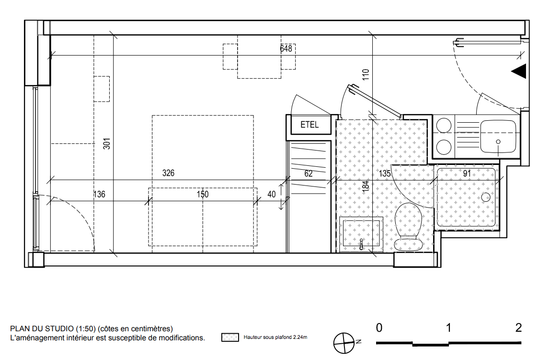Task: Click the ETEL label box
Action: (x=309, y=125)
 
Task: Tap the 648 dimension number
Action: (x=286, y=48)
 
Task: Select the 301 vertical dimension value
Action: (x=107, y=143)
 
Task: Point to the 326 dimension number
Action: (x=168, y=173)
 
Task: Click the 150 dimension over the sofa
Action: (x=202, y=194)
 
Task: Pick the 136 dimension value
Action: (x=99, y=194)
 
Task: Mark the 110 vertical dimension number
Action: (x=366, y=74)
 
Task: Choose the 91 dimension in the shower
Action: (x=467, y=174)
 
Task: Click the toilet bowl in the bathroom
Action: (x=408, y=227)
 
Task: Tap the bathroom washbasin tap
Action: (x=361, y=244)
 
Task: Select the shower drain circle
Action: (x=486, y=197)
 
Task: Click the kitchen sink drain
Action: (x=498, y=142)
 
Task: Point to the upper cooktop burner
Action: (x=444, y=126)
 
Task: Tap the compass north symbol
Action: (x=344, y=343)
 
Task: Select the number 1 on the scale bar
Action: (x=448, y=328)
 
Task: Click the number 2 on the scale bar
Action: (x=518, y=328)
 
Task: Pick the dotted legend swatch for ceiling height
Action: (x=230, y=337)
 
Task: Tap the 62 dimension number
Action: (x=309, y=174)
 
